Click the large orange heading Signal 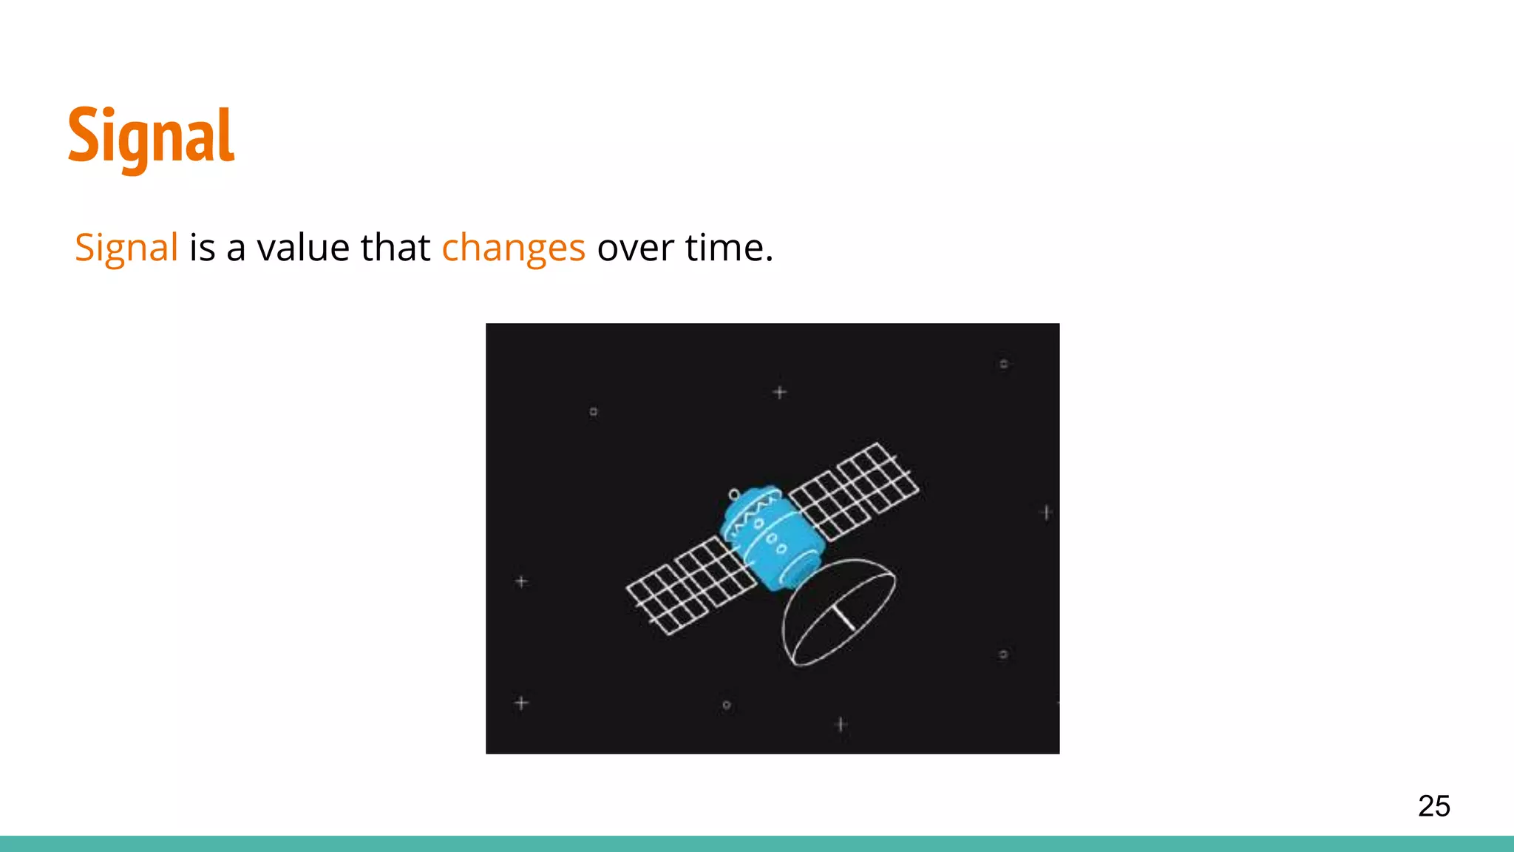click(152, 137)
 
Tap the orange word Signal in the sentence click(126, 248)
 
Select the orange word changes click(513, 248)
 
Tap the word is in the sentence click(202, 248)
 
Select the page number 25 click(1433, 805)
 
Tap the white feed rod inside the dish click(843, 618)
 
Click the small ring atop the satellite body click(734, 494)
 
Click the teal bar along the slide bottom click(757, 844)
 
